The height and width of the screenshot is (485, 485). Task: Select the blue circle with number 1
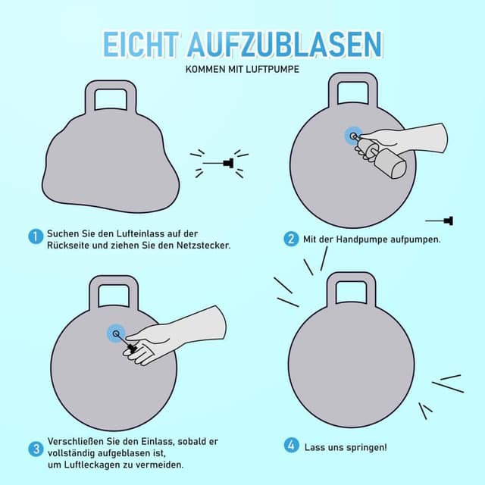point(35,236)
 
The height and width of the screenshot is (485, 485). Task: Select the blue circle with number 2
point(291,239)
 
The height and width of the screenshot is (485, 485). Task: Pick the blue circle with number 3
point(35,449)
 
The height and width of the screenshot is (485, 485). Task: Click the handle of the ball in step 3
point(114,292)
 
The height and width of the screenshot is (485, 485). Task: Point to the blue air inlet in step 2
point(352,136)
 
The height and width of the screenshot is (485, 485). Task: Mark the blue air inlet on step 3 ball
point(116,333)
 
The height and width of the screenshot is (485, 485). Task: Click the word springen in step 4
point(363,447)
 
